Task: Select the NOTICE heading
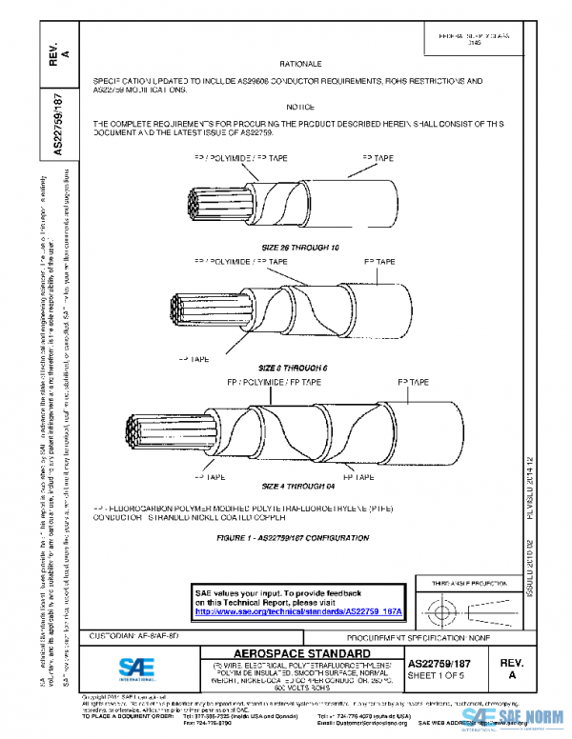pos(300,107)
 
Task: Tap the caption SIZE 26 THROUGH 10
pos(300,247)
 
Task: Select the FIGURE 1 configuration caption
pos(293,538)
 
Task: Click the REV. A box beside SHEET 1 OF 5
pos(511,667)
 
